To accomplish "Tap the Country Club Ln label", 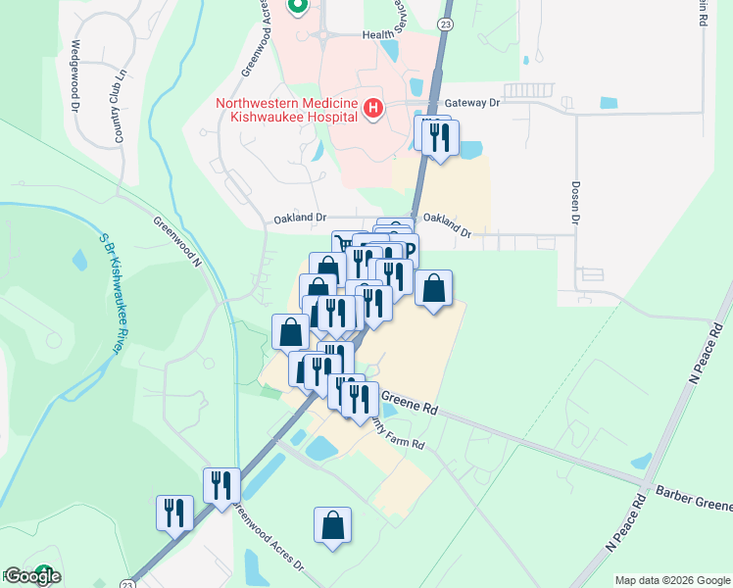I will tap(121, 106).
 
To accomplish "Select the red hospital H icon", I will tap(372, 109).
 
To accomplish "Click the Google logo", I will tap(32, 576).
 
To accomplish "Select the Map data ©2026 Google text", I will tap(672, 580).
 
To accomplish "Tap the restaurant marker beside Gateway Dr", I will tap(437, 135).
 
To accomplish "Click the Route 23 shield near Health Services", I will tap(446, 24).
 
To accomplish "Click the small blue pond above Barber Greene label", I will tap(641, 461).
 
